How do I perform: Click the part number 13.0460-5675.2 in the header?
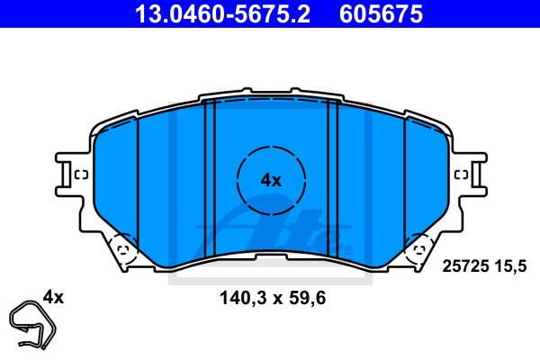point(223,14)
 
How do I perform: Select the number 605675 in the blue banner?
point(381,14)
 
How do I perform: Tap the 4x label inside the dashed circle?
point(271,180)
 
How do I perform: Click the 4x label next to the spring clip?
point(53,297)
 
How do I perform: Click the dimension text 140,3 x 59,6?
point(273,298)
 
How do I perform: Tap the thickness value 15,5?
point(510,266)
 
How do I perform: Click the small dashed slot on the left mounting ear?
point(82,175)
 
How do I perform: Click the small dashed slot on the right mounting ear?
point(461,175)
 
